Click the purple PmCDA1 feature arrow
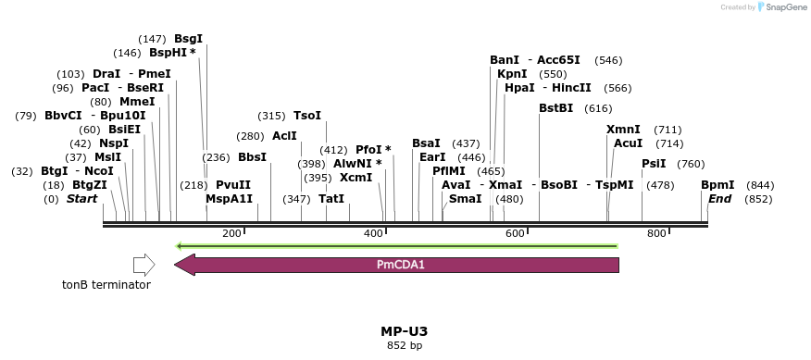(398, 266)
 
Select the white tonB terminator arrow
(143, 266)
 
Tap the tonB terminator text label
(106, 285)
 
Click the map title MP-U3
(404, 331)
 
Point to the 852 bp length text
(404, 346)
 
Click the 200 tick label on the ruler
(232, 234)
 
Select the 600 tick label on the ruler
(515, 234)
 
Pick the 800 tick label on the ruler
(656, 234)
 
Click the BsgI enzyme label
(188, 39)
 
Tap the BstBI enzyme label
(555, 108)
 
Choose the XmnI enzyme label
(623, 130)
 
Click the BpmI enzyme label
(717, 185)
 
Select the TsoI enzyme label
(306, 116)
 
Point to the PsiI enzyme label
(654, 164)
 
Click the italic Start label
(81, 199)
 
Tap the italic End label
(719, 199)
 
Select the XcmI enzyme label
(356, 178)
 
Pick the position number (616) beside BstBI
(598, 108)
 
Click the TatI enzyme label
(331, 199)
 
